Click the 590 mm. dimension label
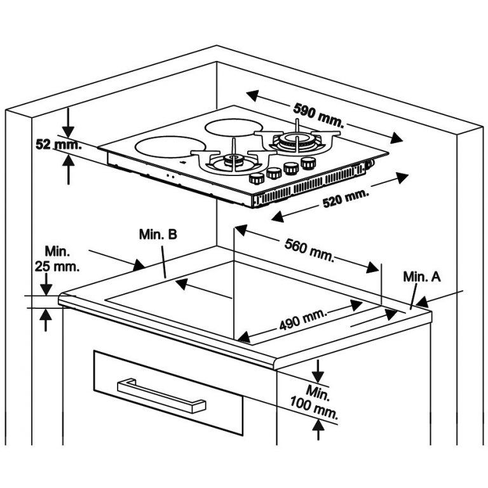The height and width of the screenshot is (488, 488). click(x=318, y=115)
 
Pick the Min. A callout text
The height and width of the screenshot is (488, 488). click(x=421, y=277)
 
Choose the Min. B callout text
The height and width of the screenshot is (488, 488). click(x=158, y=234)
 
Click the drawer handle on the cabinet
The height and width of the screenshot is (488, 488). click(x=161, y=395)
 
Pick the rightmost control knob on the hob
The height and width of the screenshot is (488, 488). click(x=308, y=163)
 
